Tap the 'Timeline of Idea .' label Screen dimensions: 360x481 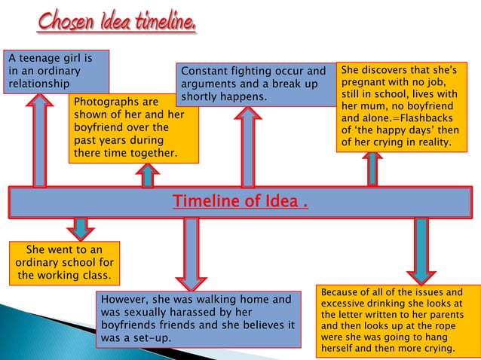point(240,202)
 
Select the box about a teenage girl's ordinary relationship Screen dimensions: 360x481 point(56,71)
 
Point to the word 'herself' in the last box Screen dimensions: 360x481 point(340,349)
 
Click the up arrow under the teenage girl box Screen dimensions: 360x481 point(34,139)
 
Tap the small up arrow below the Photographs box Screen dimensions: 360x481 point(147,175)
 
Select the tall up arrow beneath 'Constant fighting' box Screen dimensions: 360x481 point(247,147)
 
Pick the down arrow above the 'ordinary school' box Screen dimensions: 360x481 point(80,227)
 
